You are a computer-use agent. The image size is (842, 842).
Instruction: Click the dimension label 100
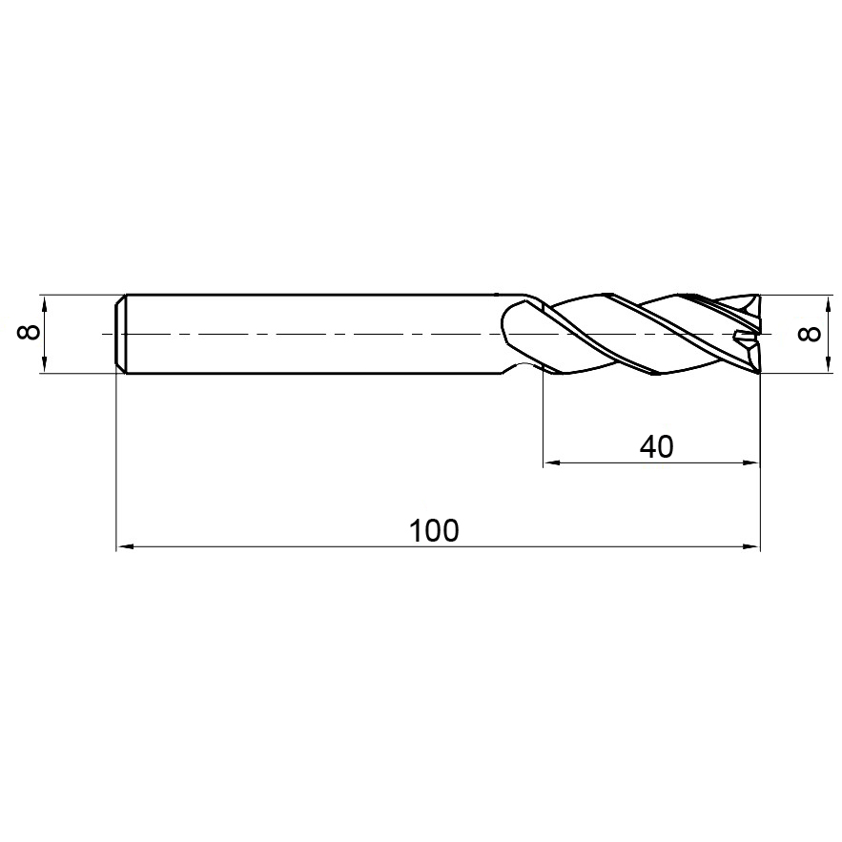click(x=434, y=530)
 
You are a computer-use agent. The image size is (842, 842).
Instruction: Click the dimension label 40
click(x=656, y=447)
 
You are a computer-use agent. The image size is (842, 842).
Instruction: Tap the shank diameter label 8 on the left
click(x=29, y=333)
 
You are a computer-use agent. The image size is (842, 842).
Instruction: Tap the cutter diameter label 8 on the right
click(x=810, y=334)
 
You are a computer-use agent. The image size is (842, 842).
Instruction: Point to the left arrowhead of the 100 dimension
click(x=125, y=546)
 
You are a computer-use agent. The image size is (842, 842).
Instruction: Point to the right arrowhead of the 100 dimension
click(x=751, y=546)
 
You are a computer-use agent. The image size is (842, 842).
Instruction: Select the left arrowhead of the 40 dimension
click(x=552, y=462)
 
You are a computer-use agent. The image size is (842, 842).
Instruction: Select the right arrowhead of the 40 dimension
click(x=751, y=462)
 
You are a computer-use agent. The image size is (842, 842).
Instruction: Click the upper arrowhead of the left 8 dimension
click(x=45, y=303)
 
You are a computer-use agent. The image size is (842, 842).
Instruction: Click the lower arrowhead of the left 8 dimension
click(x=45, y=364)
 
